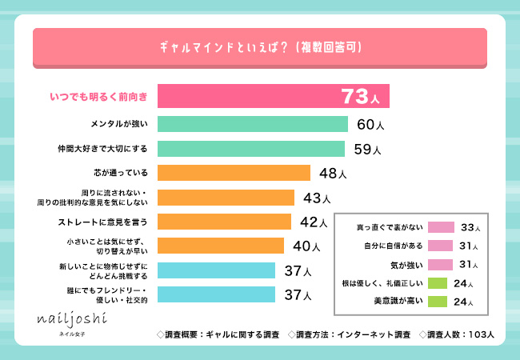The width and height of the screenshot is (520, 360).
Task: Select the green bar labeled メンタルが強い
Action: point(253,124)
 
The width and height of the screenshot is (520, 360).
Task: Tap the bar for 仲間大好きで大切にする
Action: point(251,149)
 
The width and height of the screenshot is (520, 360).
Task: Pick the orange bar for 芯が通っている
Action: point(234,173)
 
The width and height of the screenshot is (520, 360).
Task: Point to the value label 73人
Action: point(365,98)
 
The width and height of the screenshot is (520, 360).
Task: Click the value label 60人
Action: point(370,125)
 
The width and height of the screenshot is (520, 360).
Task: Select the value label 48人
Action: point(332,174)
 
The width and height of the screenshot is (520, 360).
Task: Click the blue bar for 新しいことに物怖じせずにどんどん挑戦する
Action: point(216,270)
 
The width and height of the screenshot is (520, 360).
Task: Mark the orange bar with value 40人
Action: point(221,246)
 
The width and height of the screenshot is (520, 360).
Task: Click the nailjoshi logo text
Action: point(70,318)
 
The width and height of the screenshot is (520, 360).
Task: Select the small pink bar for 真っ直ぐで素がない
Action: point(441,227)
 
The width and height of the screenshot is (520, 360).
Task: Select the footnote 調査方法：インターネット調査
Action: point(348,333)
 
